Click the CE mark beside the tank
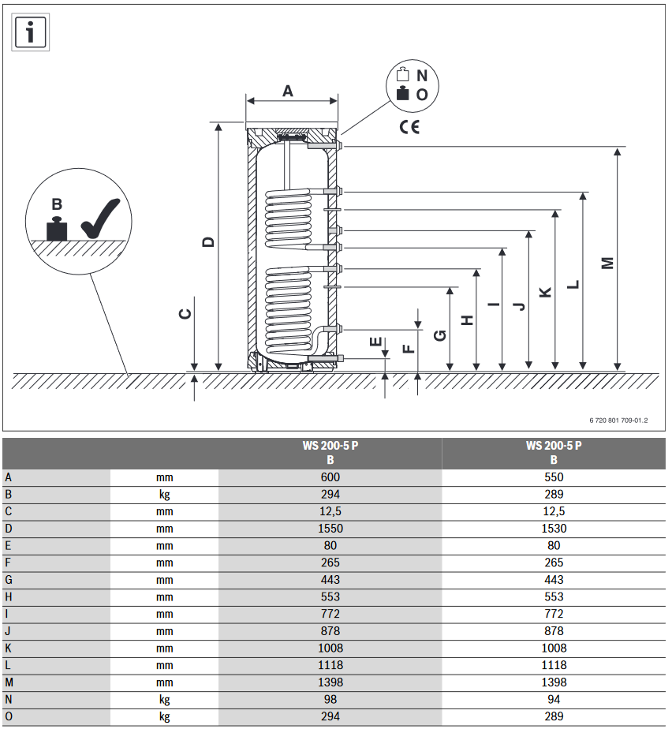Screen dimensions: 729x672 (x=409, y=126)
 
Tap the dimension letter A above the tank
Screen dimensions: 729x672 (x=288, y=91)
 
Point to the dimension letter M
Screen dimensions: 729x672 (x=607, y=263)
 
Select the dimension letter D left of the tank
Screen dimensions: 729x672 (x=208, y=241)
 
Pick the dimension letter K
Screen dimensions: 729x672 (x=545, y=292)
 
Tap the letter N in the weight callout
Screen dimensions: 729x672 (x=422, y=76)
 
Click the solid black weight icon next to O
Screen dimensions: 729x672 (x=403, y=94)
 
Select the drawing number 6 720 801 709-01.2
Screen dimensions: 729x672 (x=618, y=421)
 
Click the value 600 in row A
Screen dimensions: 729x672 (x=330, y=477)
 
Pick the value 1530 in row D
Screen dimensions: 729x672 (x=554, y=529)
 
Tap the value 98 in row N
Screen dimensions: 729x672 (x=330, y=699)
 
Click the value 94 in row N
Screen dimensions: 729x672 (x=554, y=699)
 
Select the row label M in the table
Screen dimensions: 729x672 (x=9, y=682)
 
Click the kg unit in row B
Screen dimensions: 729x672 (x=164, y=495)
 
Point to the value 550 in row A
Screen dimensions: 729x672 (x=554, y=477)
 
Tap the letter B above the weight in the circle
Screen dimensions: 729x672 (x=56, y=204)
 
